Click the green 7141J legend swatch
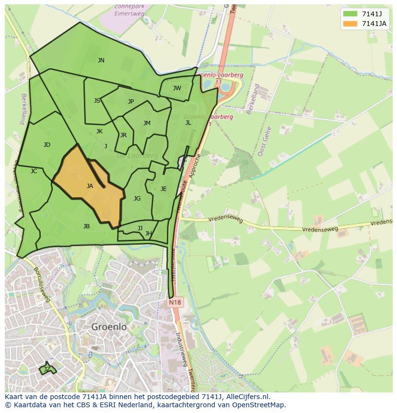pos(350,13)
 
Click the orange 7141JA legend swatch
pos(350,24)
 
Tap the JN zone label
pos(101,60)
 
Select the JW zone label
pos(177,88)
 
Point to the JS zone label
pos(97,101)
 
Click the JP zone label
pos(131,102)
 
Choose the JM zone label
pos(147,123)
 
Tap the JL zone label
pos(188,123)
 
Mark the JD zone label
pos(47,145)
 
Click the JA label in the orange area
pos(90,186)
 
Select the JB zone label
pos(86,226)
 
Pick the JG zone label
pos(137,199)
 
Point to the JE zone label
pos(163,189)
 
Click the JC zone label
pos(34,171)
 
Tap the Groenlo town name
pos(109,327)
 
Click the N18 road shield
pos(175,303)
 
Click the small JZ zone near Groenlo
pos(47,369)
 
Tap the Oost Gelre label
pos(265,141)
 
